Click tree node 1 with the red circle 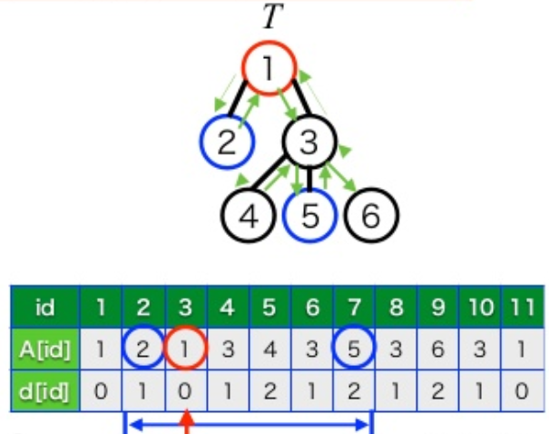tap(270, 68)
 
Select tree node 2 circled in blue tap(227, 142)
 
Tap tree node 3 tap(309, 142)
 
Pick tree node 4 tap(249, 215)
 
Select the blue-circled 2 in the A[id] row tap(143, 350)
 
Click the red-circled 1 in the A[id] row tap(185, 350)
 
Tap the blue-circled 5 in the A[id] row tap(353, 350)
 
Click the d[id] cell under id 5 tap(270, 392)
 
